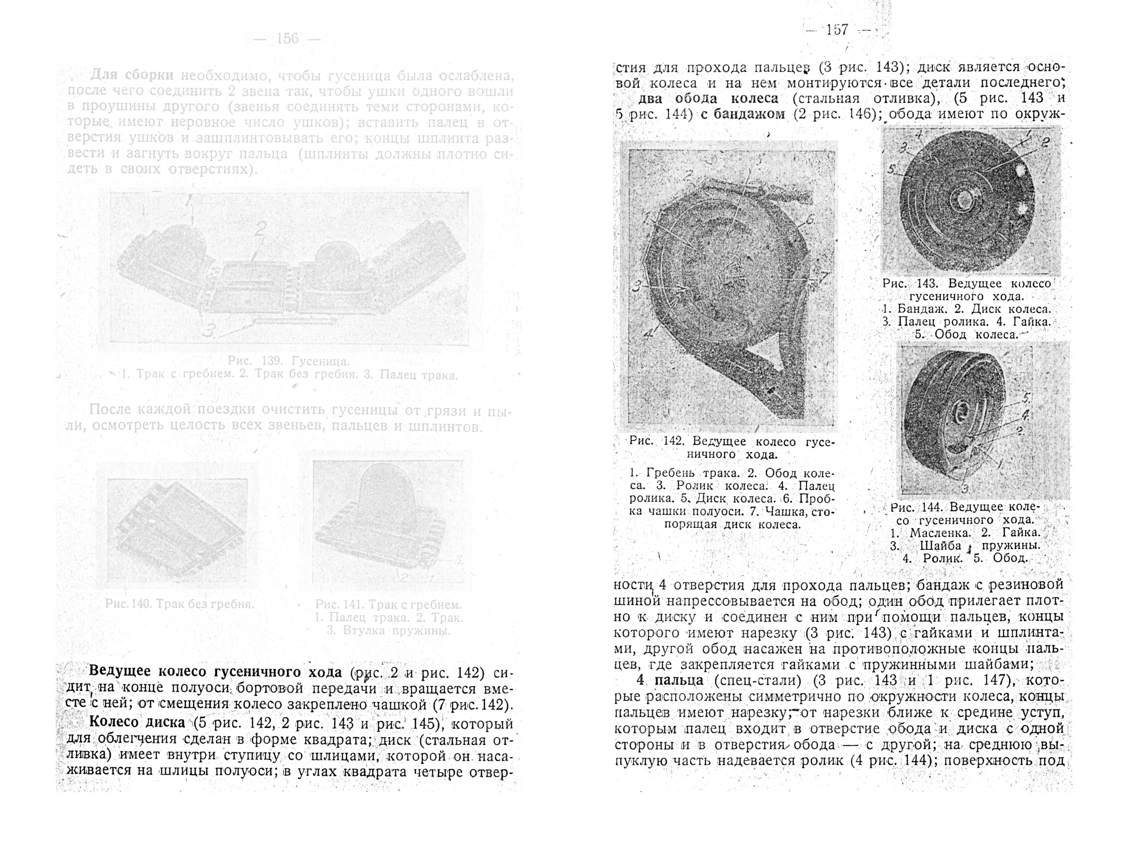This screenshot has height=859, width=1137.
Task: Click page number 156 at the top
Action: point(287,39)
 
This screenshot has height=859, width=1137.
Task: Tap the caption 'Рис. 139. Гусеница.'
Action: point(288,361)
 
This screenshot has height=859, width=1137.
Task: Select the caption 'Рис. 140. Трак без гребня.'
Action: point(179,604)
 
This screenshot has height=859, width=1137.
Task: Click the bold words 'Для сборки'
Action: point(132,75)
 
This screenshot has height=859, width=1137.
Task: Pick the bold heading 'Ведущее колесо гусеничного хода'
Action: point(215,672)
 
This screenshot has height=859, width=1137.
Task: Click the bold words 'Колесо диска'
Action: point(137,722)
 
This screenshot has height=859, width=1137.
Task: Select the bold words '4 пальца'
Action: point(669,680)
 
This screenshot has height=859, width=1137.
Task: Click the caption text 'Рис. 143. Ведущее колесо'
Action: point(966,283)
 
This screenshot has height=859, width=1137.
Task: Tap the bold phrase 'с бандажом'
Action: point(742,114)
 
